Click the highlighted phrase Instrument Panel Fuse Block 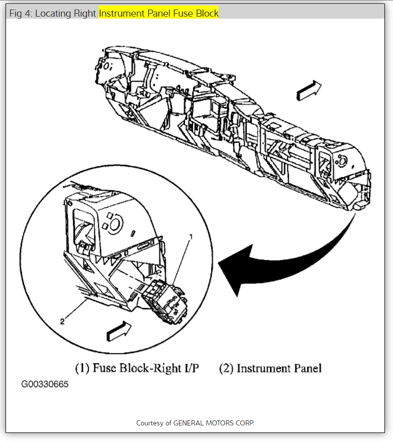pos(159,14)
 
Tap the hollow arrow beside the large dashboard pos(308,91)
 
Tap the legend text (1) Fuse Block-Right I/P pos(137,368)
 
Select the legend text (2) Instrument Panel pos(270,368)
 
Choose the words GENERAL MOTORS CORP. pos(214,423)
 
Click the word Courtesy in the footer pos(150,423)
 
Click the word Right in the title pos(86,14)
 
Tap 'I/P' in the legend pos(190,368)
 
